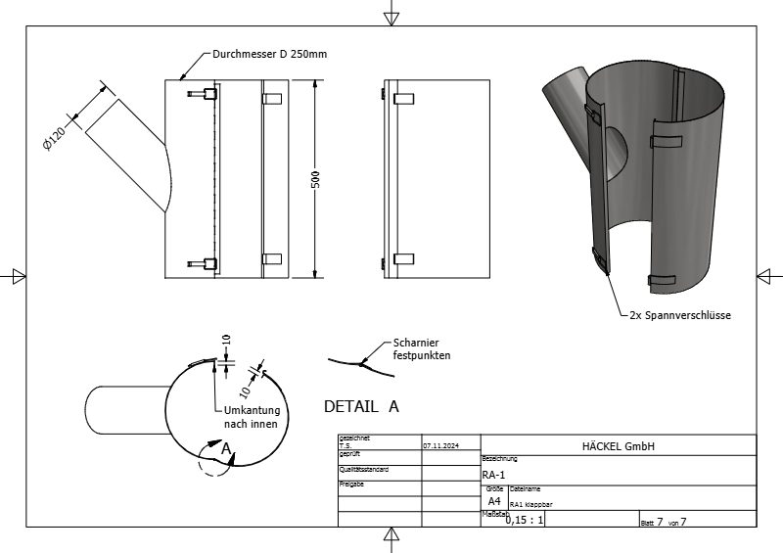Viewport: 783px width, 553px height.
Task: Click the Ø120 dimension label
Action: click(x=56, y=137)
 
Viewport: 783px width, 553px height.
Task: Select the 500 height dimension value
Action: click(x=316, y=181)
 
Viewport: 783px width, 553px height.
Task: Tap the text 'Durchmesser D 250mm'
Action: click(x=269, y=55)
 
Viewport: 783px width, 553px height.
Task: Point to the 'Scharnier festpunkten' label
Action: click(x=421, y=349)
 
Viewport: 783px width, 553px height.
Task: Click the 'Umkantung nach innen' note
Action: click(x=251, y=417)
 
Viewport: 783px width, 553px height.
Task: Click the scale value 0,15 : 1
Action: click(x=525, y=520)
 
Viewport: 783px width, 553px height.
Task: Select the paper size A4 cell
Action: click(x=493, y=500)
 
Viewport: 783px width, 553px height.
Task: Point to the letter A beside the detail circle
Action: click(x=226, y=448)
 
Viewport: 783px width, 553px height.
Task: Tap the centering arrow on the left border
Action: click(x=13, y=277)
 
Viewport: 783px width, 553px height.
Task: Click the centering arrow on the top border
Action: click(x=391, y=13)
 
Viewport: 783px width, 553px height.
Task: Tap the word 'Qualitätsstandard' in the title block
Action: click(x=364, y=470)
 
